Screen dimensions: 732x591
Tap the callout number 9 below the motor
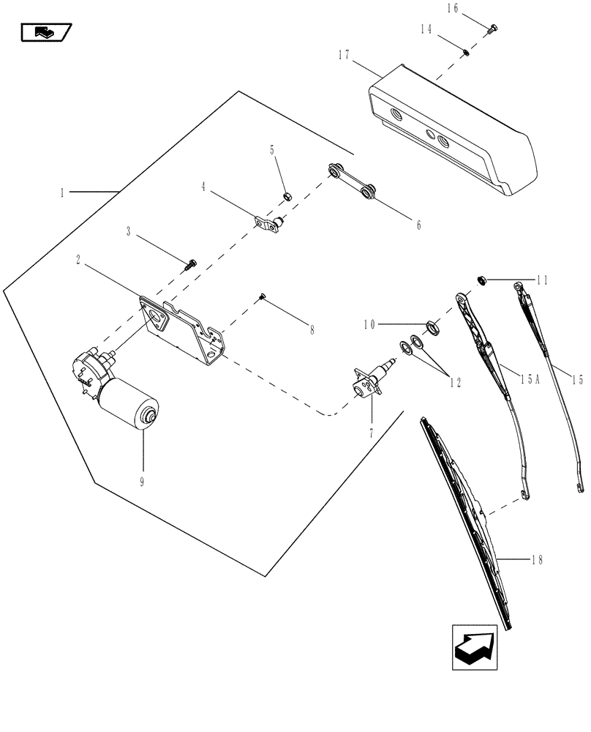coord(143,482)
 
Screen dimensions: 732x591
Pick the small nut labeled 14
coord(465,51)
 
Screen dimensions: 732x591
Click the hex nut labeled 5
coord(288,195)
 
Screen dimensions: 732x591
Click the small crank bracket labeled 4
coord(268,223)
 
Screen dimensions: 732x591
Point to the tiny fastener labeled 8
coord(261,296)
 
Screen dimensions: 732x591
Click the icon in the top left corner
coord(45,31)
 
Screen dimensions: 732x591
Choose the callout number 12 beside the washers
coord(456,382)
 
